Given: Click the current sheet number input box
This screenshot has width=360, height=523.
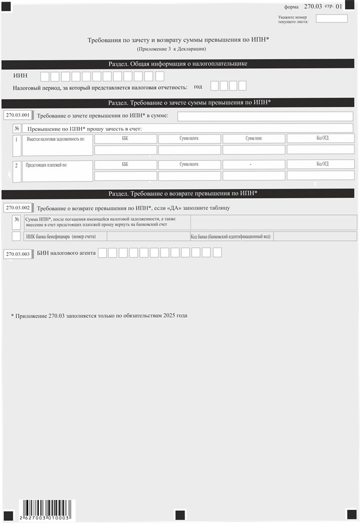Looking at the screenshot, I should coord(332,18).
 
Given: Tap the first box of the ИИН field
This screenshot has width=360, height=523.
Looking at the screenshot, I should coord(44,76).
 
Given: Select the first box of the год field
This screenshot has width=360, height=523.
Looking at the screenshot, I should coord(215,86).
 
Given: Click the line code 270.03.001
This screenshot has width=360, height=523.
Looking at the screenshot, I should coord(17,115).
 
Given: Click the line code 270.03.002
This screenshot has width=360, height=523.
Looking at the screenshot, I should coord(17,207).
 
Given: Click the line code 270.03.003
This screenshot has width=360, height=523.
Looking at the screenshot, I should coord(17,253).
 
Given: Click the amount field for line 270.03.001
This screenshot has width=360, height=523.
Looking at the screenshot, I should coord(265,116).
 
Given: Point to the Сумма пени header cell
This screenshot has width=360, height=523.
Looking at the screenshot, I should coord(254,139).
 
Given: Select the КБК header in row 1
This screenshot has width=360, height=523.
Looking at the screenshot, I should coord(125,139).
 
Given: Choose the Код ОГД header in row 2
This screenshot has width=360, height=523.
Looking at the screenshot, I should coord(321,164).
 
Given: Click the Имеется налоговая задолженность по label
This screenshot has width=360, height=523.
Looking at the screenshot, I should coord(55,140).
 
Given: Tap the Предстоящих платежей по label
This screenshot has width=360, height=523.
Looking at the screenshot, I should coord(46,165).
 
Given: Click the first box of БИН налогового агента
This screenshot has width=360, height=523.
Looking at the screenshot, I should coord(102,253).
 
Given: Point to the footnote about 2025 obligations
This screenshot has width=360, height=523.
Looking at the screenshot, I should coord(99,315).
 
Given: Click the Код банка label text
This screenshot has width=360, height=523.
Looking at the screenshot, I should coord(231,236).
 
